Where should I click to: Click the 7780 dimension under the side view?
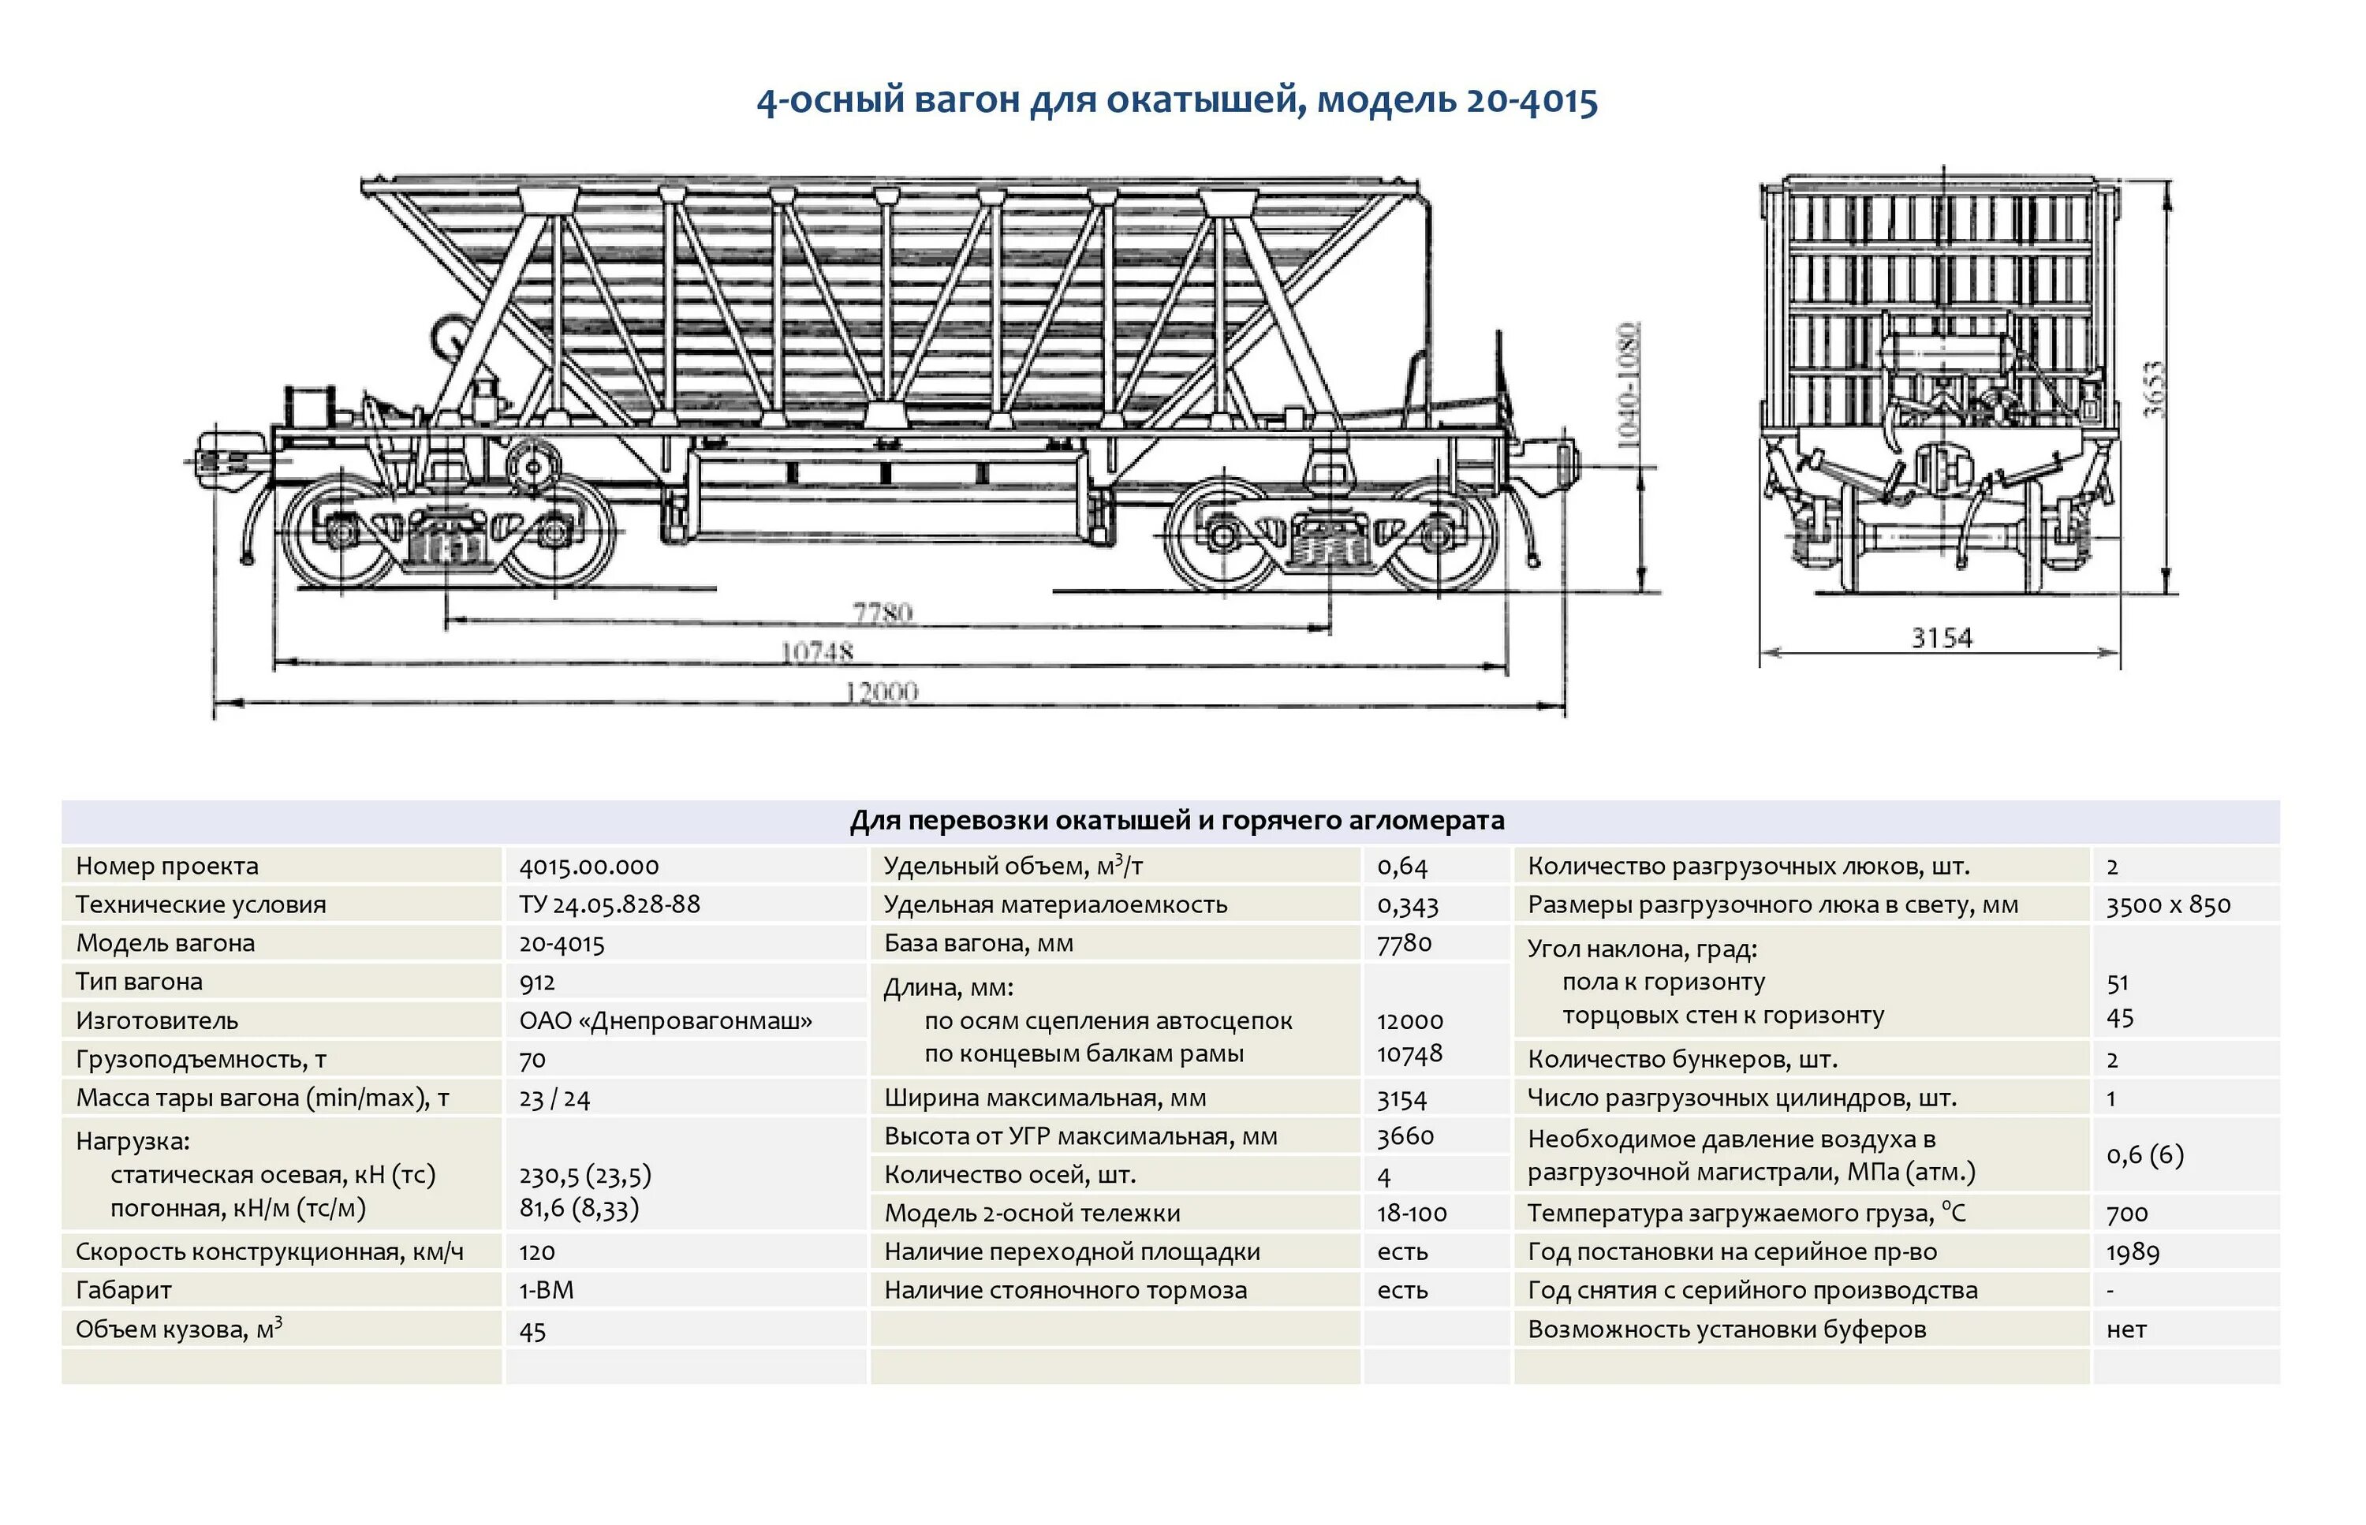(882, 612)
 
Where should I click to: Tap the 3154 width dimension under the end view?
(1941, 638)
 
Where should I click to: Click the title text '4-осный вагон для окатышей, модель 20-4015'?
(1177, 101)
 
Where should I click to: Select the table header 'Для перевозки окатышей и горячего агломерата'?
(1177, 820)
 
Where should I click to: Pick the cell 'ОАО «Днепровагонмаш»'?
(666, 1020)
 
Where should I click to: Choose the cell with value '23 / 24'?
(554, 1098)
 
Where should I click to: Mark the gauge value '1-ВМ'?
(546, 1290)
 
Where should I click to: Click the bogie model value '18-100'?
(1411, 1213)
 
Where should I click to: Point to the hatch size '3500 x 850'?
(2168, 904)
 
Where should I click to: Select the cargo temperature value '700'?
(2126, 1213)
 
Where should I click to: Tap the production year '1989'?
(2133, 1251)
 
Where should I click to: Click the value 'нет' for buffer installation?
(2126, 1329)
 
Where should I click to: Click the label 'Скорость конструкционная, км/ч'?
(270, 1251)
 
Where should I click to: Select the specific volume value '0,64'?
(1401, 867)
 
